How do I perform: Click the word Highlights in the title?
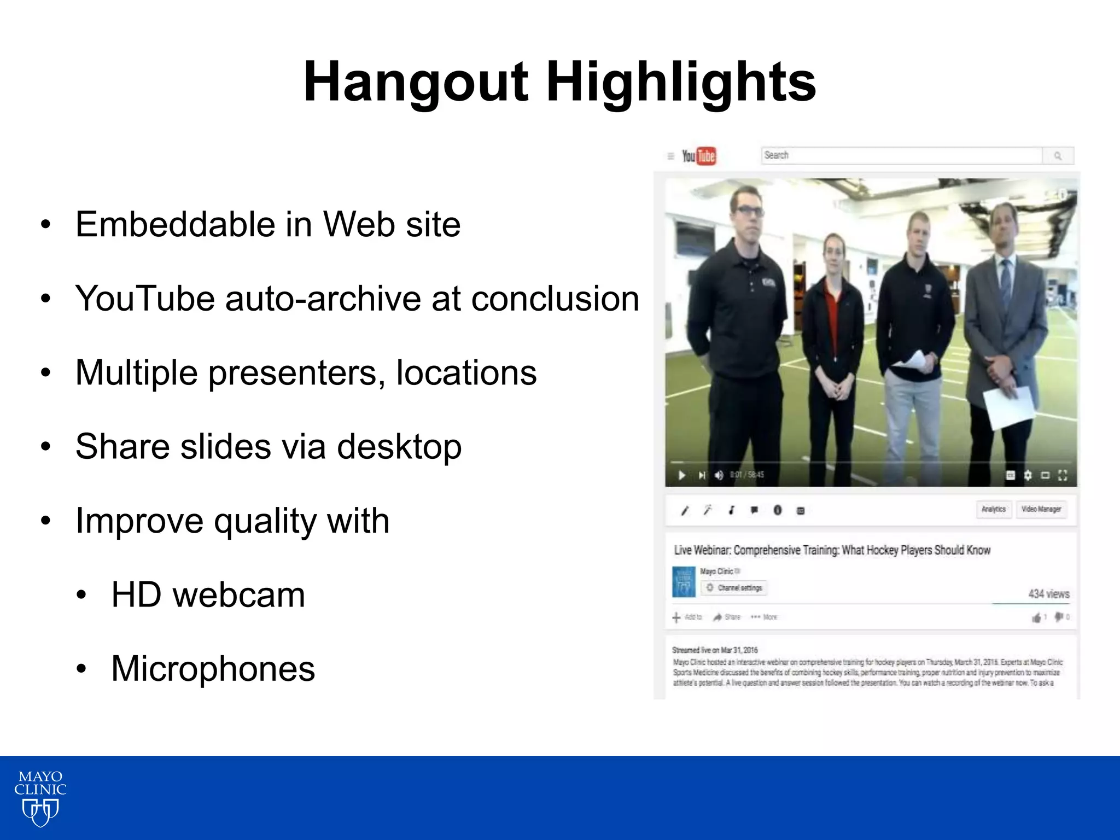point(681,82)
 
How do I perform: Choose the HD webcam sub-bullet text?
point(208,595)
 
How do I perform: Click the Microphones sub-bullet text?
point(213,669)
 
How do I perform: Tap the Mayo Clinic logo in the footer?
point(40,797)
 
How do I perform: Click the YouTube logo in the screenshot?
point(698,156)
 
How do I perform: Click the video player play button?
point(681,475)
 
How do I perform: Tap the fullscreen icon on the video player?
point(1063,475)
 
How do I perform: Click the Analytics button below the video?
point(993,509)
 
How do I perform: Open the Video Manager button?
point(1041,509)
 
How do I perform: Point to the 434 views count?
point(1048,594)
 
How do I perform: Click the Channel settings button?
point(734,588)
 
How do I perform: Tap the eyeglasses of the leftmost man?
point(749,211)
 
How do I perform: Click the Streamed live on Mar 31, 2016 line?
point(714,650)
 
